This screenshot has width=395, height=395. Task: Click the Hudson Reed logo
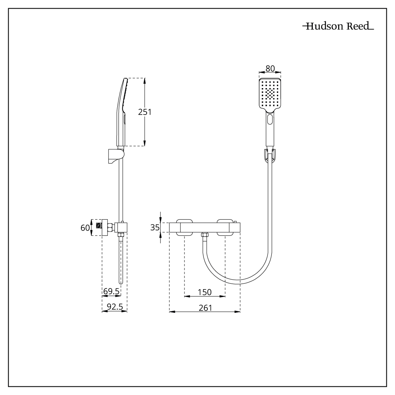338,27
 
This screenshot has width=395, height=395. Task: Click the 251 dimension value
145,112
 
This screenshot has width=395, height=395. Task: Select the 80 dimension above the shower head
270,68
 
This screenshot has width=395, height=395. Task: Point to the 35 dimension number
155,228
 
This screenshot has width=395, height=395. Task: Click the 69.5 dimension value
111,292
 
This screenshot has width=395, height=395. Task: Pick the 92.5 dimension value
115,307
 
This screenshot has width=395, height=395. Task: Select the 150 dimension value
205,292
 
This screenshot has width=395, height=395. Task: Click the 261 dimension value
205,307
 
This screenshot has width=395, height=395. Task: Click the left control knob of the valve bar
184,228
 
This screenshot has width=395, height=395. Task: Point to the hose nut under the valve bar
205,236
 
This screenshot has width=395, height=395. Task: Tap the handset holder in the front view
270,155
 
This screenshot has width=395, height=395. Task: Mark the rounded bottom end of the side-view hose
121,281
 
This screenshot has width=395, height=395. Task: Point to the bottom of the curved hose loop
237,284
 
